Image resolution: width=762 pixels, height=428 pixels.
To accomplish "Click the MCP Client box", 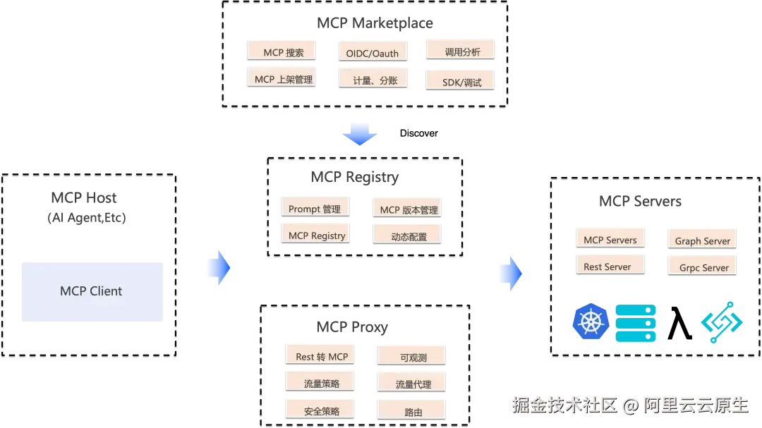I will (x=90, y=292).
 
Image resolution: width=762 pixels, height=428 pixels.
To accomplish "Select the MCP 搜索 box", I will (x=280, y=51).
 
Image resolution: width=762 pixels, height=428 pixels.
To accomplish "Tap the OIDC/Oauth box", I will (x=373, y=52).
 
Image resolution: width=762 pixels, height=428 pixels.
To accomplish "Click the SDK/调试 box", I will (x=460, y=80).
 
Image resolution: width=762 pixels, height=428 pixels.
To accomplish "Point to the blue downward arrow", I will (x=359, y=133).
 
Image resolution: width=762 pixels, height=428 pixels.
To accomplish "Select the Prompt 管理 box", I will (x=314, y=208).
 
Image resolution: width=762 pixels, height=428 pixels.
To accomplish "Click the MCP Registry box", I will (x=315, y=235).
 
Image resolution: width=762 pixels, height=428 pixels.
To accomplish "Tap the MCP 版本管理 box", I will (x=409, y=209).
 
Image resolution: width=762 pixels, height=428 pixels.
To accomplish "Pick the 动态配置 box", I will (x=409, y=236).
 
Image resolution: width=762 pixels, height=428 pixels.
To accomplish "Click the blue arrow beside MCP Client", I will (x=217, y=268).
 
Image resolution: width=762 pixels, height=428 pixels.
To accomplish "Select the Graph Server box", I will (x=703, y=240).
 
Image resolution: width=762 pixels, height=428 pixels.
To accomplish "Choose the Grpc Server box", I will (x=703, y=267).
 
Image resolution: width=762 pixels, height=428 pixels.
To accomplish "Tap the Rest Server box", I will (x=610, y=267).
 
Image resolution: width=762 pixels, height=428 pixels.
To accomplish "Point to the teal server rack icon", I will (x=637, y=324).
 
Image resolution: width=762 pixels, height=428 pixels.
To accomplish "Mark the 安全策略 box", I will (x=321, y=410).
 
